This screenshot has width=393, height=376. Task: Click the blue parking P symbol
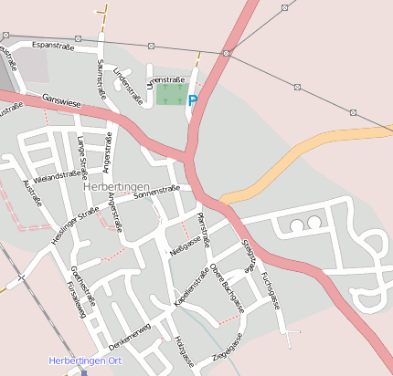pos(193,100)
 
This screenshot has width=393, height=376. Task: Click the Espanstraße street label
pos(53,45)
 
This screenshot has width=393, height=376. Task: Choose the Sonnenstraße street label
pos(155,191)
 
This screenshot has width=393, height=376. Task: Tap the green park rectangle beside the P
pos(170,93)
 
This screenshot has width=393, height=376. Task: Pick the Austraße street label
pos(31,193)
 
